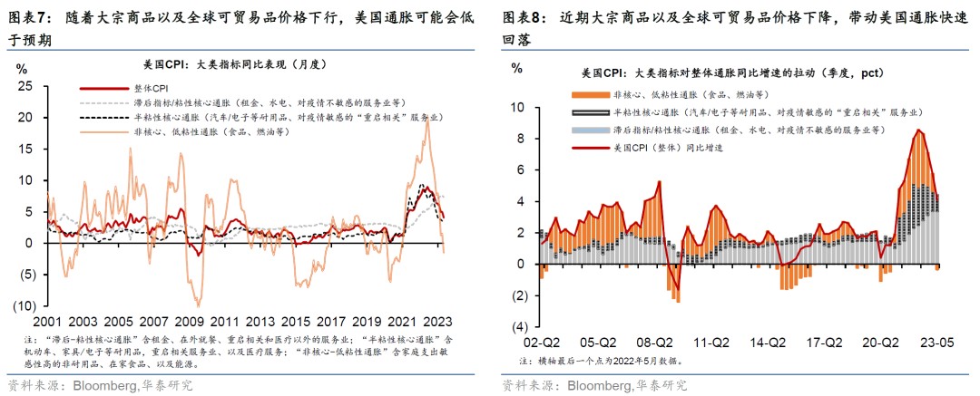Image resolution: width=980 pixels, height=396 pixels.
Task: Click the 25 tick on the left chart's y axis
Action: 26,86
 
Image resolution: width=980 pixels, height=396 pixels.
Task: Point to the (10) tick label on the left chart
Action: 23,304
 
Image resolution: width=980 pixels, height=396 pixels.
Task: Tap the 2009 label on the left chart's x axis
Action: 189,322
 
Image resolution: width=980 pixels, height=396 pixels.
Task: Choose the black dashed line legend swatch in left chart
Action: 99,118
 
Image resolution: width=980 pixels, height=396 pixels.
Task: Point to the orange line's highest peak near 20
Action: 426,120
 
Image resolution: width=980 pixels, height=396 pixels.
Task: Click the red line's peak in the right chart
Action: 918,130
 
